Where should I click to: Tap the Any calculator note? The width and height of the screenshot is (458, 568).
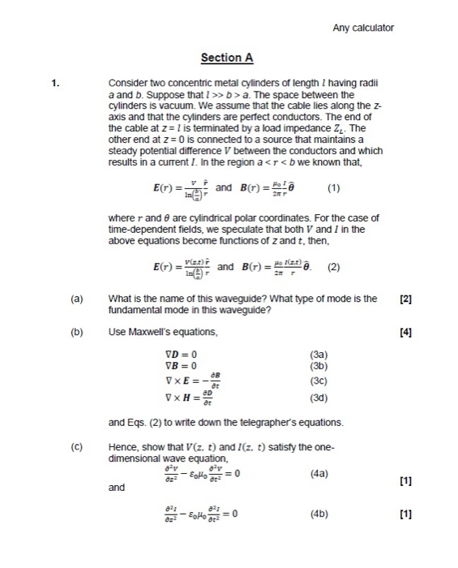coord(363,28)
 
